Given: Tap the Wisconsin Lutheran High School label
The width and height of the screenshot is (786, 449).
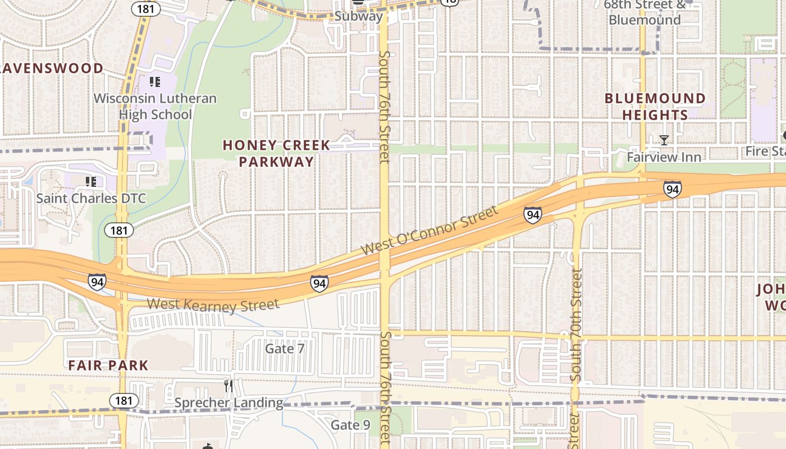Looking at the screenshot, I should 155,107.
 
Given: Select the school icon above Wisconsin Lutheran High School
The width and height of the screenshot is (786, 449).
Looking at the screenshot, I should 155,83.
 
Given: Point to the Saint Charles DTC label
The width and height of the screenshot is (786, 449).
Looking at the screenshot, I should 91,198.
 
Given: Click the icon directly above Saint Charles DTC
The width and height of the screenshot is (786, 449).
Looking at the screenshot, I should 91,181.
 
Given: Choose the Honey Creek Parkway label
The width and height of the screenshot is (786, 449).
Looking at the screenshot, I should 276,153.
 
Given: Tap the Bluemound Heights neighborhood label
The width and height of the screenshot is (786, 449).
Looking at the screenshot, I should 655,107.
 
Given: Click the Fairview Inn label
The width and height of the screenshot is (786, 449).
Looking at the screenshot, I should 664,157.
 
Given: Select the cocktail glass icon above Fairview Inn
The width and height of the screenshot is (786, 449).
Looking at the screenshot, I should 664,140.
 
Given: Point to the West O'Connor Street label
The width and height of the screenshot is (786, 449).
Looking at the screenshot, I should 429,230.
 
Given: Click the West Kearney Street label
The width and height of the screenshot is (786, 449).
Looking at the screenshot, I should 213,304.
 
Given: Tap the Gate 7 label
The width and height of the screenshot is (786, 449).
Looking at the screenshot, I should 284,349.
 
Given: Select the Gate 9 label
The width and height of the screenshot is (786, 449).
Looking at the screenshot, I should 350,425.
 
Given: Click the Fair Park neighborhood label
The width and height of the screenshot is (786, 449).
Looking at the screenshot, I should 108,365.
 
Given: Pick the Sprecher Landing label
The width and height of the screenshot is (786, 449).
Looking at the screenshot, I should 229,402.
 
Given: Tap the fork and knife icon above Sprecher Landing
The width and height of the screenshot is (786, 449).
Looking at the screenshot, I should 229,386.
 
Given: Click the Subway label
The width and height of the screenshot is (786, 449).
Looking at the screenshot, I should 358,16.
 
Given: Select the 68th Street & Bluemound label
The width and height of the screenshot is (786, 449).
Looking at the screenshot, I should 645,12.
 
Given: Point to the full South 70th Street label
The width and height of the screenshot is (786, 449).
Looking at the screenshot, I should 575,326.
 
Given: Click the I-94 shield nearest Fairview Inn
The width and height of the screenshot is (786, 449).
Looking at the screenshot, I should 672,189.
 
